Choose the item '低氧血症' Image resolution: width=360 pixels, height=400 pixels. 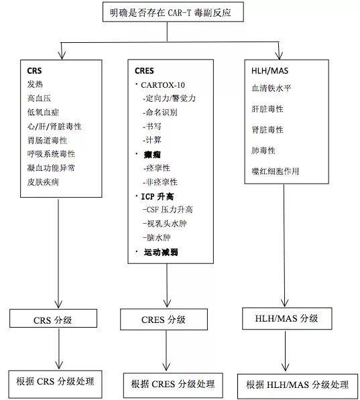click(x=43, y=112)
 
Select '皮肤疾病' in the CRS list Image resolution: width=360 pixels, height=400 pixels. click(x=43, y=182)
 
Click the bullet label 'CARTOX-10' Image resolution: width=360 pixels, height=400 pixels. click(x=164, y=85)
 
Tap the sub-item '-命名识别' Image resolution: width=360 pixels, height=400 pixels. click(x=160, y=113)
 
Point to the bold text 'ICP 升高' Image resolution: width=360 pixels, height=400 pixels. click(x=161, y=196)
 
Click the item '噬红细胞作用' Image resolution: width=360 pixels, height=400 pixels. click(x=275, y=172)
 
